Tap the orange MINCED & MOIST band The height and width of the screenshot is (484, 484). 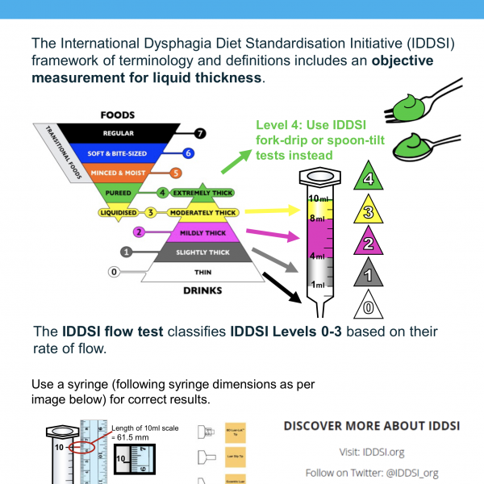tap(123, 173)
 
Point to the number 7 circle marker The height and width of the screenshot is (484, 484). tap(200, 133)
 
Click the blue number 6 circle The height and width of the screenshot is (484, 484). tap(188, 152)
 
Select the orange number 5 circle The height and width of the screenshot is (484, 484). tap(176, 173)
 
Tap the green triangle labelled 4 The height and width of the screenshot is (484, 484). tap(368, 179)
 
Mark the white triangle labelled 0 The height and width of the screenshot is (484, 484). tap(368, 306)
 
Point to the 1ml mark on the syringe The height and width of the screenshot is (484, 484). tap(317, 284)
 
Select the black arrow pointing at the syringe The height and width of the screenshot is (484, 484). tap(283, 286)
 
